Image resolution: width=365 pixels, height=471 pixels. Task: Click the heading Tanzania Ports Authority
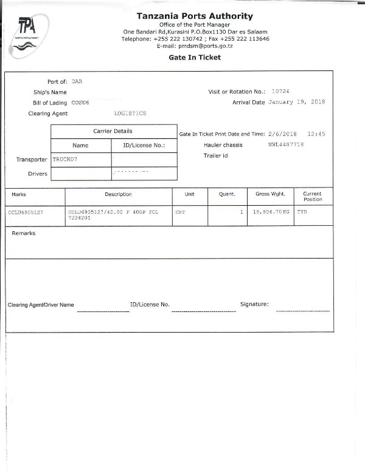tap(195, 16)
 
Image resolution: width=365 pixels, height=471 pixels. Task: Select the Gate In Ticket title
tap(195, 58)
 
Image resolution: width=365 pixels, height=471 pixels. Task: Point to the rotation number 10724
tap(280, 91)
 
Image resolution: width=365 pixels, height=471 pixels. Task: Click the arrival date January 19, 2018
tap(297, 103)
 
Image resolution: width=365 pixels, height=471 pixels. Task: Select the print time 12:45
tap(316, 134)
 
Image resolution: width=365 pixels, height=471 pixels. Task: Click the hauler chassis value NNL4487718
tap(285, 145)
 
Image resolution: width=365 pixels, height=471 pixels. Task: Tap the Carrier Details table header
tap(113, 131)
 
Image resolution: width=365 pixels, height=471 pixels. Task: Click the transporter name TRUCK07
tap(65, 159)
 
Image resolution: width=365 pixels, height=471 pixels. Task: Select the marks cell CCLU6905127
tap(26, 213)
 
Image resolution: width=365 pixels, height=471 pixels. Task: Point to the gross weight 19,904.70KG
tap(271, 213)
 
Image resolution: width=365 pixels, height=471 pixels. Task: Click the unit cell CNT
tap(179, 213)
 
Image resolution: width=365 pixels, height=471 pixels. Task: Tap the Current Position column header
tap(313, 196)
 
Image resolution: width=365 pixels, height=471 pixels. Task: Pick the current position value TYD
tap(301, 213)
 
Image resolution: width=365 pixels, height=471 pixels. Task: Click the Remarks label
tap(24, 233)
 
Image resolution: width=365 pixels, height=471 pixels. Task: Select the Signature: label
tap(254, 304)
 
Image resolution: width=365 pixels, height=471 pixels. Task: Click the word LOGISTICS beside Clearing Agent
tap(130, 114)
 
